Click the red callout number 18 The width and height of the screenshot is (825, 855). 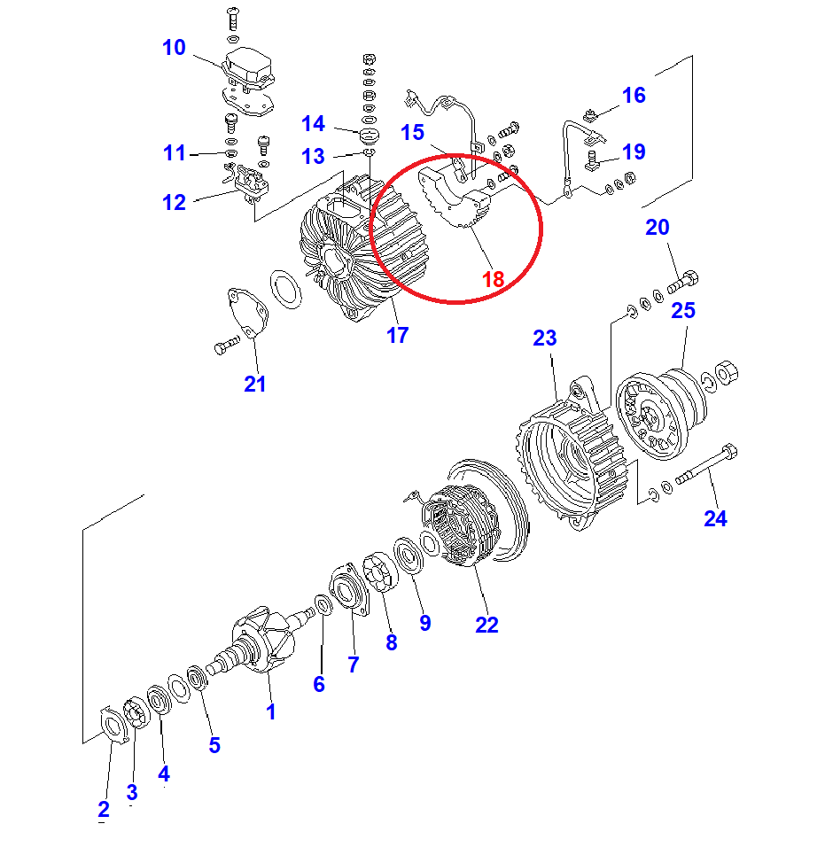coord(493,278)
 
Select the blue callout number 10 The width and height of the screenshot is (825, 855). coord(174,47)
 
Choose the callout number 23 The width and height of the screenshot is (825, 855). coord(545,338)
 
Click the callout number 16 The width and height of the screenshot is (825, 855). coord(634,95)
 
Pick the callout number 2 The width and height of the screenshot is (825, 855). coord(104,808)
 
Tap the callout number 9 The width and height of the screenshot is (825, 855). coord(425,623)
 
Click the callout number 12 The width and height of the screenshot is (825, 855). coord(174,202)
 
